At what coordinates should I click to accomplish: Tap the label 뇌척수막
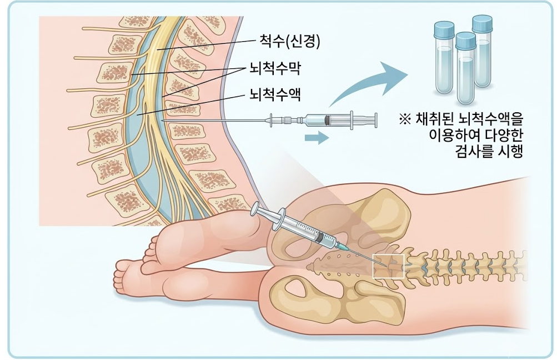pyautogui.click(x=275, y=68)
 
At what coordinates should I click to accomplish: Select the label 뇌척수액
pyautogui.click(x=275, y=94)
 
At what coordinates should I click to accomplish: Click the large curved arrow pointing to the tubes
pyautogui.click(x=369, y=82)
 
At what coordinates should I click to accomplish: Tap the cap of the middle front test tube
pyautogui.click(x=465, y=41)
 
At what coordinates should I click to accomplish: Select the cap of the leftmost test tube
pyautogui.click(x=444, y=29)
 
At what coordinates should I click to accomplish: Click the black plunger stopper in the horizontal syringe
pyautogui.click(x=326, y=120)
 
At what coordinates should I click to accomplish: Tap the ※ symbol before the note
pyautogui.click(x=405, y=119)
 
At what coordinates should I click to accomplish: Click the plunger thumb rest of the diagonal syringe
pyautogui.click(x=258, y=209)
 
